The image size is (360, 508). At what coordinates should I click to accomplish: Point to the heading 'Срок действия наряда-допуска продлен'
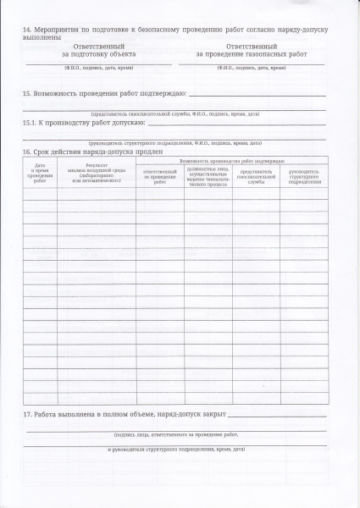pos(85,152)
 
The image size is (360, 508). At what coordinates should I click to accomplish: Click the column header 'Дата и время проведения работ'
pos(40,174)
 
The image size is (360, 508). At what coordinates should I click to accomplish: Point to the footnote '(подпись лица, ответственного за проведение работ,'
pos(175,434)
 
